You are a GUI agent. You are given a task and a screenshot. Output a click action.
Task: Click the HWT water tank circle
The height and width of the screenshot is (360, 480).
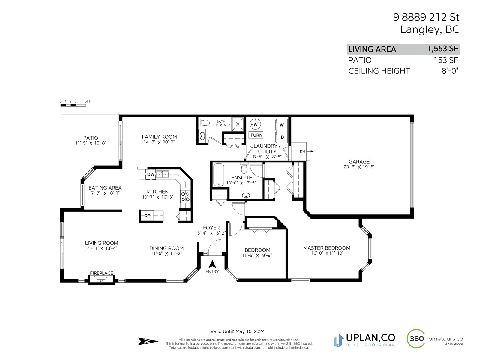(255, 124)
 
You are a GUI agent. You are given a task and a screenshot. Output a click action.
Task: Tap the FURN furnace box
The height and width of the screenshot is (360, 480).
(256, 135)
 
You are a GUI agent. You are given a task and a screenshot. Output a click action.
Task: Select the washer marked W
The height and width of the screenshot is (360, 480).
(282, 125)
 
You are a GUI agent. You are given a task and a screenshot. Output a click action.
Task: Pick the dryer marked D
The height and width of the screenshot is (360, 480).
(282, 137)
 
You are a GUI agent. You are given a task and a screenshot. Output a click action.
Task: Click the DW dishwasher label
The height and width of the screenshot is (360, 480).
(151, 174)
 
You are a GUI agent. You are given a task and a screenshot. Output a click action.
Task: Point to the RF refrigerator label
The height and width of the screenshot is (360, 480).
(147, 216)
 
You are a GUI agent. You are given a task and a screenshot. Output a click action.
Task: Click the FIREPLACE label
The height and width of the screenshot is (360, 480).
(101, 273)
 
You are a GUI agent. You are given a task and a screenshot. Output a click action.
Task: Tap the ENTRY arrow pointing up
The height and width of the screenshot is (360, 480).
(212, 264)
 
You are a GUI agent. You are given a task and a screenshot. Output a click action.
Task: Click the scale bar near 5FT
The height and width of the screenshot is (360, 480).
(73, 105)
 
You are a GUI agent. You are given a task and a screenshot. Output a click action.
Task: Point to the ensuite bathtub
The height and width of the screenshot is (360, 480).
(219, 175)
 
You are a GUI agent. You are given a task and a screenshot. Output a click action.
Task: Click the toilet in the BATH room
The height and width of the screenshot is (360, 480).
(205, 123)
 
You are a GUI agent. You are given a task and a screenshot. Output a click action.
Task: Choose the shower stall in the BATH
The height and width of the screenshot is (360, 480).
(238, 124)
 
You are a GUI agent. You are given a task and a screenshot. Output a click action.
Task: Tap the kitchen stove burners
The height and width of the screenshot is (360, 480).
(185, 196)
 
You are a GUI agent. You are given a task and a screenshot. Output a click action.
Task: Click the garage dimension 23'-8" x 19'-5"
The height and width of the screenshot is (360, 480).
(359, 166)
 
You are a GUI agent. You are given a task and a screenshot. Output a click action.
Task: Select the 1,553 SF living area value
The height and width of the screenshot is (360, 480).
(443, 49)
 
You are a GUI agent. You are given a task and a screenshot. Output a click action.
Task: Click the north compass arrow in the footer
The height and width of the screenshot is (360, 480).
(148, 341)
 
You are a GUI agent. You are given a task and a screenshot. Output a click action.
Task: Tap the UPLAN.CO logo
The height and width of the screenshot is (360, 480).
(364, 340)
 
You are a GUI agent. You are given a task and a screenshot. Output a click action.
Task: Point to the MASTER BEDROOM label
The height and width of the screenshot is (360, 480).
(327, 248)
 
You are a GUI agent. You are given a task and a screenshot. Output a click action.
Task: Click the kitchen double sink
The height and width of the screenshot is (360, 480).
(163, 174)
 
